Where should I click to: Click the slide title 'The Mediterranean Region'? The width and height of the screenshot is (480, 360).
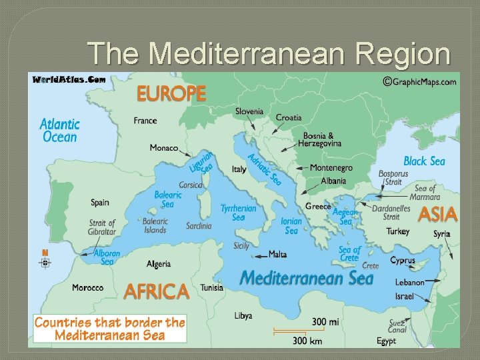pos(269,53)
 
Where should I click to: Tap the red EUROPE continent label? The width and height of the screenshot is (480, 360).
pos(171,93)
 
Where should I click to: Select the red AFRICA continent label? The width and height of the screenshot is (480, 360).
pos(157,291)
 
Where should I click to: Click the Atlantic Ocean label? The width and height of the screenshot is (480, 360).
pos(59,131)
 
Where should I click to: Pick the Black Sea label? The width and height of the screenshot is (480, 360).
pos(424,161)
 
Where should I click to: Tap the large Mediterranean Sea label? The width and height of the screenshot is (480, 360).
pos(306,277)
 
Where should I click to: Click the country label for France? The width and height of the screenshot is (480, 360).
pos(145,121)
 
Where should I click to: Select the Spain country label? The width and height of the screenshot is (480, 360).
pos(100,202)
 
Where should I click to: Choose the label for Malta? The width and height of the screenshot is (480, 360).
pos(278,254)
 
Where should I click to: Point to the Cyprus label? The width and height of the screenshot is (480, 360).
pos(403,261)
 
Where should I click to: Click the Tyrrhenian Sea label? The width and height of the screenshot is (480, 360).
pos(238,213)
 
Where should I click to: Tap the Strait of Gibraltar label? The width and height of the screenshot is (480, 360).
pos(102,227)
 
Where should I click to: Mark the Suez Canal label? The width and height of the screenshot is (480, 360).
pos(397,326)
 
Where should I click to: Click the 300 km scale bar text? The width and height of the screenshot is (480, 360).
pos(307,340)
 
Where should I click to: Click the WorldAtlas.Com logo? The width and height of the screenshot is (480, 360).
pos(68,79)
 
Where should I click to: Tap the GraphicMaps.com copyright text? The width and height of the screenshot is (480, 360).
pos(419,81)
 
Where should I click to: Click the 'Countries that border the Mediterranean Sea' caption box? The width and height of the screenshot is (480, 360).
pos(110,329)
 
